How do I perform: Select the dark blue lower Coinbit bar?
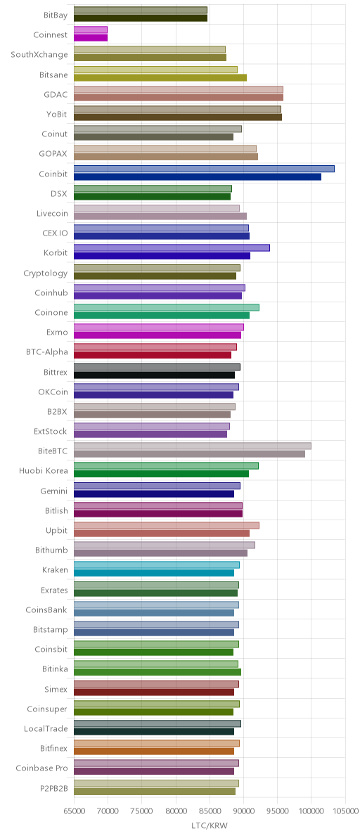tap(198, 176)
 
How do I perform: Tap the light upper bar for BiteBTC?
tap(192, 446)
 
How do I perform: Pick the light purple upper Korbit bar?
tap(172, 248)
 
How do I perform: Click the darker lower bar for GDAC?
tap(179, 97)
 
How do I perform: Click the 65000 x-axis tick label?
tap(74, 811)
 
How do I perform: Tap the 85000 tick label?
tap(210, 811)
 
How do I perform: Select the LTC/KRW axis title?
tap(210, 826)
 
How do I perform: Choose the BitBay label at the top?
tap(56, 15)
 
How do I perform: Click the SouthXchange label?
tap(39, 55)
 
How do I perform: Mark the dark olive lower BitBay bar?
tap(141, 18)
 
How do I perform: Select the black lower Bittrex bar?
tap(155, 375)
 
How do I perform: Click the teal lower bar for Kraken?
tap(154, 572)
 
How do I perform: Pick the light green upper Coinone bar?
tap(166, 307)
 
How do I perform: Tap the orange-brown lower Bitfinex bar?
tap(154, 751)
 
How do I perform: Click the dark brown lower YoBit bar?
tap(178, 117)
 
